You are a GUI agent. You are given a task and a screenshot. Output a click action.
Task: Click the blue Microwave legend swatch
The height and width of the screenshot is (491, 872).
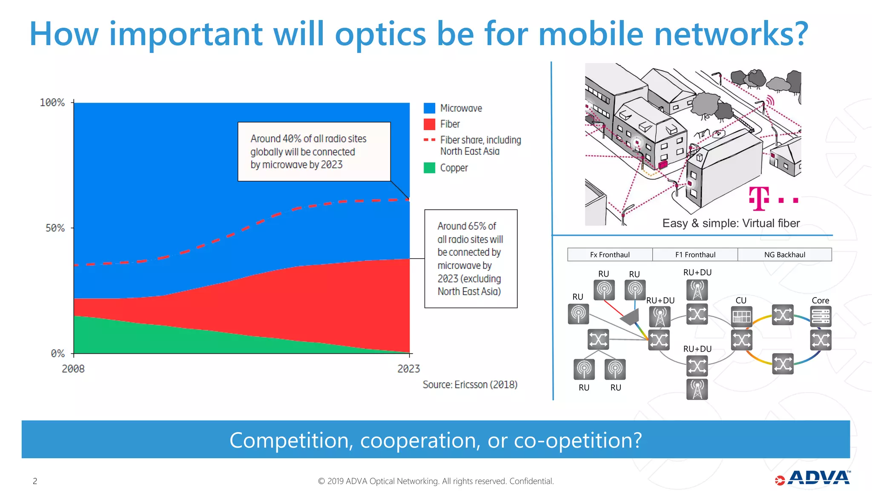pyautogui.click(x=429, y=108)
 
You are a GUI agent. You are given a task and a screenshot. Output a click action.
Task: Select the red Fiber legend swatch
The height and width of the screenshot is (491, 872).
pyautogui.click(x=429, y=124)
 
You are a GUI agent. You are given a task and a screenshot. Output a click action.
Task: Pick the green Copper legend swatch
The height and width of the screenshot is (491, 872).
pyautogui.click(x=429, y=168)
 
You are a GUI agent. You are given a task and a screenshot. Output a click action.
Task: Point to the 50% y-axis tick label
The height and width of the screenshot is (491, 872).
pyautogui.click(x=55, y=228)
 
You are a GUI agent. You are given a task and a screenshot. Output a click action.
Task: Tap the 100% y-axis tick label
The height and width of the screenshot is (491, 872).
pyautogui.click(x=52, y=103)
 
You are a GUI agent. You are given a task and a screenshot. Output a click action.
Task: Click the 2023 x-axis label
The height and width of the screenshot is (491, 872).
pyautogui.click(x=408, y=369)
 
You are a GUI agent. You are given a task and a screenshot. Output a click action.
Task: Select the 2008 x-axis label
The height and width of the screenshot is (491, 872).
pyautogui.click(x=73, y=369)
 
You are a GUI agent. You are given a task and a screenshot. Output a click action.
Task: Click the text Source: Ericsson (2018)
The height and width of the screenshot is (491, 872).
pyautogui.click(x=470, y=384)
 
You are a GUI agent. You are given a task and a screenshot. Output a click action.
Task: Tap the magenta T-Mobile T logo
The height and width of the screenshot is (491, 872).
pyautogui.click(x=759, y=199)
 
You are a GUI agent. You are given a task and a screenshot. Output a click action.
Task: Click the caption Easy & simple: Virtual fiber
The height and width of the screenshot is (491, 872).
pyautogui.click(x=731, y=223)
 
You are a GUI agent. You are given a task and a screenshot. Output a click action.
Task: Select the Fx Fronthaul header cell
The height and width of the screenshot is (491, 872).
pyautogui.click(x=610, y=255)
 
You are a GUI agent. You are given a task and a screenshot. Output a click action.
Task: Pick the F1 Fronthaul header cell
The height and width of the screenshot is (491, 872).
pyautogui.click(x=695, y=255)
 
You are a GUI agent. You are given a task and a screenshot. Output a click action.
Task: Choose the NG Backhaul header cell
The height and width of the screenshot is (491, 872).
pyautogui.click(x=784, y=255)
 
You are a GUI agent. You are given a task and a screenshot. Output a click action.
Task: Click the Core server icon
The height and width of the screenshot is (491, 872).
pyautogui.click(x=820, y=317)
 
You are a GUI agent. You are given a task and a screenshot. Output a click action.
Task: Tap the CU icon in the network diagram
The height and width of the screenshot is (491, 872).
pyautogui.click(x=741, y=317)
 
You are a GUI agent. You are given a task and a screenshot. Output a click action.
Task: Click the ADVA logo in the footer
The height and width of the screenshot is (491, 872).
pyautogui.click(x=813, y=478)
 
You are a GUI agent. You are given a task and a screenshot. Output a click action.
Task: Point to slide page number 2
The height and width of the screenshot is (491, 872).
pyautogui.click(x=35, y=481)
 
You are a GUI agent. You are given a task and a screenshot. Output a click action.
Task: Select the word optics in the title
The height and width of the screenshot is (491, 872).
pyautogui.click(x=380, y=34)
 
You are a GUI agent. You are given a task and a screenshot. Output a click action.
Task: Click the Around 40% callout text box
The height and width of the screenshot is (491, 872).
pyautogui.click(x=314, y=152)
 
